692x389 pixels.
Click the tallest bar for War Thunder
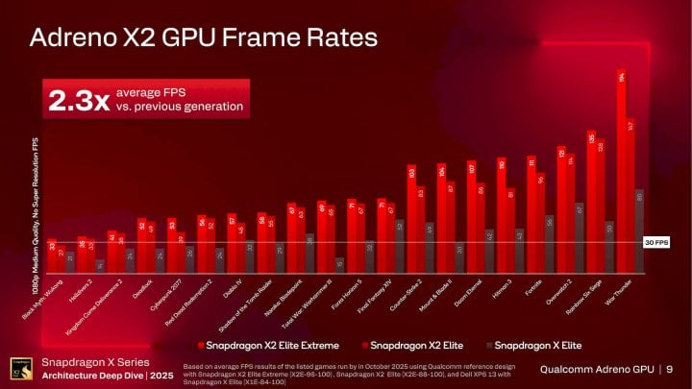(x=622, y=163)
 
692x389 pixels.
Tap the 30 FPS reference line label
(x=650, y=244)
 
